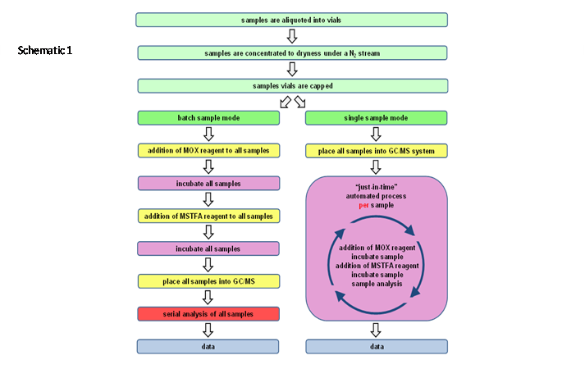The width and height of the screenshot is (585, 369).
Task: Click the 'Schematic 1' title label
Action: tap(45, 50)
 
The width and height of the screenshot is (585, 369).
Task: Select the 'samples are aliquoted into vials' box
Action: tap(291, 20)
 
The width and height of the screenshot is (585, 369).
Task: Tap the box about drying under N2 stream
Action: tap(292, 53)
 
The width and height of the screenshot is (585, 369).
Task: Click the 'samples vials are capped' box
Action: tap(292, 86)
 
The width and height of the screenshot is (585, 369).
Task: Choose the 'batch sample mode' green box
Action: tap(208, 118)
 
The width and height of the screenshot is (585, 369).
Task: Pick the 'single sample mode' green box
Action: tap(376, 118)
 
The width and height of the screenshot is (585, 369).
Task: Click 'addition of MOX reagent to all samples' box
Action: tap(208, 151)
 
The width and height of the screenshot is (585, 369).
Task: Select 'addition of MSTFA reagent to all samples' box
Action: tap(208, 216)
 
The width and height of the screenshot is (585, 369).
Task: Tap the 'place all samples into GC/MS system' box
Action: tap(376, 151)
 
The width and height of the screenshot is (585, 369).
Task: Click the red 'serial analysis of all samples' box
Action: tap(208, 314)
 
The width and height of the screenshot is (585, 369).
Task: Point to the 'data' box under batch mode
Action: tap(208, 347)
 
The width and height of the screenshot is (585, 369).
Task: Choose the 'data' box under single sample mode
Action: tap(377, 347)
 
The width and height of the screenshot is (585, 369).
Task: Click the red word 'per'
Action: tap(363, 205)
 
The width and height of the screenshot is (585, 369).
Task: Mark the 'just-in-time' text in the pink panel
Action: tap(376, 187)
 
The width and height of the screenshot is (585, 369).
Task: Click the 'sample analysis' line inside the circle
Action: tap(377, 284)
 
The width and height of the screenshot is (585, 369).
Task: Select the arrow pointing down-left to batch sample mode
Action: tap(286, 102)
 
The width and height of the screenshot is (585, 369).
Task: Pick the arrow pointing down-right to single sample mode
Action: tap(300, 102)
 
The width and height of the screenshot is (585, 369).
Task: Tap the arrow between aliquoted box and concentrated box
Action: tap(292, 36)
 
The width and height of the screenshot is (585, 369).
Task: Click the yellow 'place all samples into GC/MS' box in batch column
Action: tap(208, 281)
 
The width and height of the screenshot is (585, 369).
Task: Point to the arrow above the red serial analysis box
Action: tap(208, 298)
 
